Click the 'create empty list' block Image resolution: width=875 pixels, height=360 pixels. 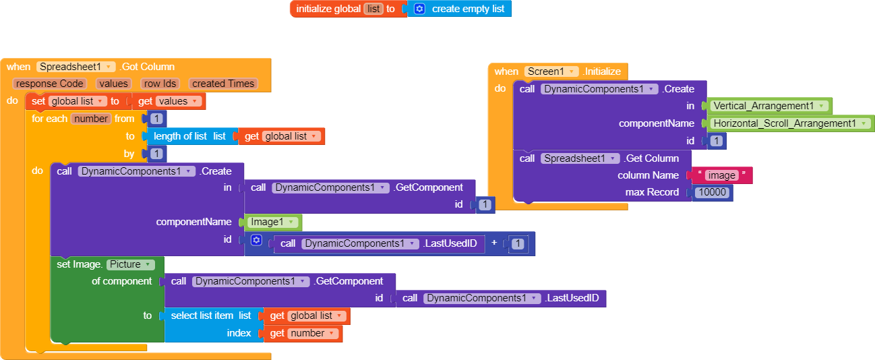tap(467, 9)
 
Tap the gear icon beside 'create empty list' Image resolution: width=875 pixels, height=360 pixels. tap(419, 9)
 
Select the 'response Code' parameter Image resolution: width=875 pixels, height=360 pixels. tap(49, 84)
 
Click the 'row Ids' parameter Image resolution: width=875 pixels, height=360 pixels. tap(160, 84)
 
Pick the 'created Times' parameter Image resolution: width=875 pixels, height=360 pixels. tap(223, 84)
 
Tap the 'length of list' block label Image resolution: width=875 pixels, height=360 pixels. tap(180, 136)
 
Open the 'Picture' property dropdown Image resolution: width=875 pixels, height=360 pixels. tap(131, 264)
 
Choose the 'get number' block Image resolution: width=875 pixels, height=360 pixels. tap(303, 333)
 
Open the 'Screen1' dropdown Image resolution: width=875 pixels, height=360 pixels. tap(551, 71)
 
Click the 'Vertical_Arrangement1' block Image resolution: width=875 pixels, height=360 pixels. tap(767, 106)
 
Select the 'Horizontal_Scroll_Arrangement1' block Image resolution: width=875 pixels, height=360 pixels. tap(789, 123)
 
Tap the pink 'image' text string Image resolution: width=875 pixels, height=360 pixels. tap(721, 175)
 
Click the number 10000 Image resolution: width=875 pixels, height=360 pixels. tap(713, 193)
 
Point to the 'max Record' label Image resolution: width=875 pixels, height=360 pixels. tap(652, 193)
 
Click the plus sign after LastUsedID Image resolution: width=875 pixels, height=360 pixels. tap(495, 243)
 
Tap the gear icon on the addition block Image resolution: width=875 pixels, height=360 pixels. tap(255, 240)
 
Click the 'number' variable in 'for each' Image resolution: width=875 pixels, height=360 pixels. tap(91, 119)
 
